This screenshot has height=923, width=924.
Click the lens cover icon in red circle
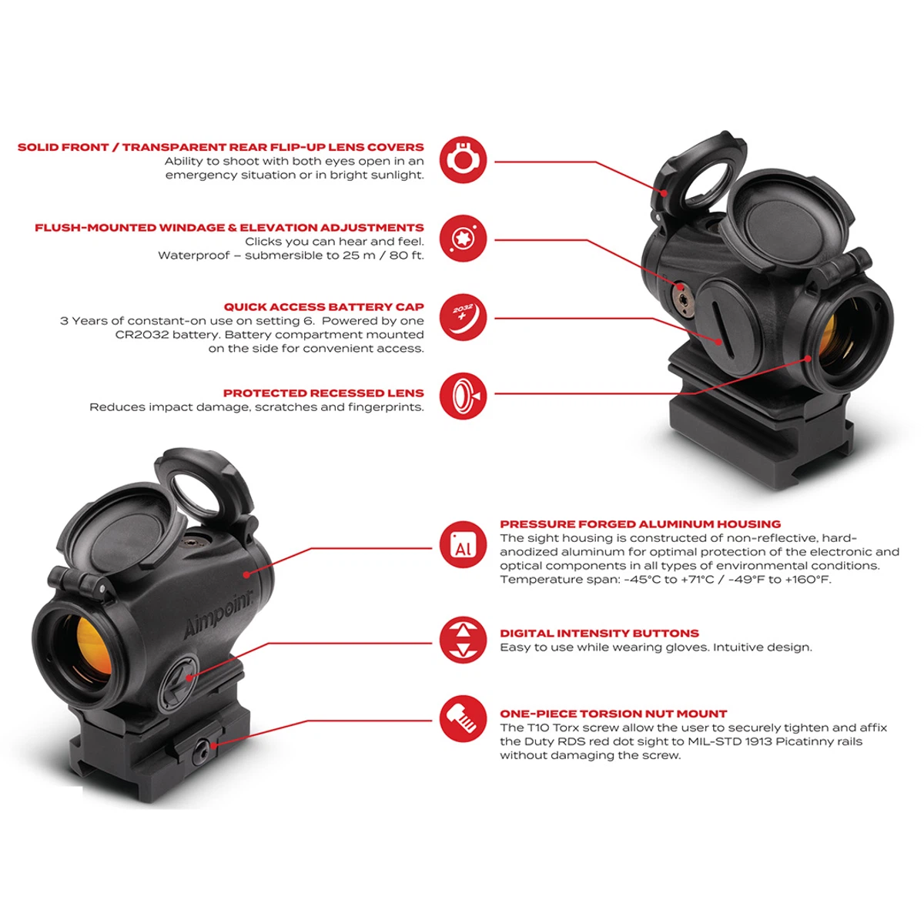pos(463,160)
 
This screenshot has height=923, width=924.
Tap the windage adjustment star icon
pos(463,239)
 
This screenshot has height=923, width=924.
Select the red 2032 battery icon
pos(463,317)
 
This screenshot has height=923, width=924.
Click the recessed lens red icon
pos(463,396)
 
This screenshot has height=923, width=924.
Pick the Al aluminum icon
pos(463,544)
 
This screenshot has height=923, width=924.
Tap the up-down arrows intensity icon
pos(463,640)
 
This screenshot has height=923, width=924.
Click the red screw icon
pos(463,719)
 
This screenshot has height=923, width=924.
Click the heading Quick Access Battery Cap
pos(323,307)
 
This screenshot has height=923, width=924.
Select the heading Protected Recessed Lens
pos(323,393)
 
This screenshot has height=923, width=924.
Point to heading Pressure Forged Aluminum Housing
pos(640,524)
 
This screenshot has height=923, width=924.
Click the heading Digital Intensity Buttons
pos(599,634)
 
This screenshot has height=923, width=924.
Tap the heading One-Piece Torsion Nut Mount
pos(613,714)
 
